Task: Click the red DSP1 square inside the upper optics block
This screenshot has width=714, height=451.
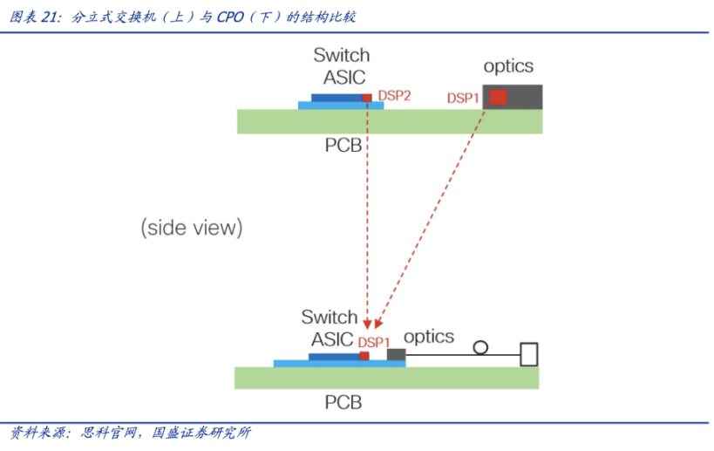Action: tap(498, 97)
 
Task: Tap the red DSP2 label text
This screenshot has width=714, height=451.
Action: tap(394, 96)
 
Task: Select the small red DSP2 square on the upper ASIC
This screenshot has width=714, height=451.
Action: tap(367, 98)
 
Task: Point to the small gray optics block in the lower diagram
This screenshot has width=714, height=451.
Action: tap(396, 355)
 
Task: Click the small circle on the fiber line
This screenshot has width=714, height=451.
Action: tap(480, 347)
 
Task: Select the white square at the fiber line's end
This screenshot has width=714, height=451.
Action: tap(529, 354)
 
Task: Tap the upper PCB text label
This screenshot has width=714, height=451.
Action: tap(343, 146)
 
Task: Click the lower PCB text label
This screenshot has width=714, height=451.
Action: tap(343, 402)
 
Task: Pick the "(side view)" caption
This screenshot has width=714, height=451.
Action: tap(192, 228)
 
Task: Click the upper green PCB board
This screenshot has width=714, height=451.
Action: tap(390, 121)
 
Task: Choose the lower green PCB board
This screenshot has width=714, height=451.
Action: tap(386, 378)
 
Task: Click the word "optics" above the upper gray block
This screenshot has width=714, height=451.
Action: tap(508, 66)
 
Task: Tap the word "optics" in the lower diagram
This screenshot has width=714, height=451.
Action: tap(429, 337)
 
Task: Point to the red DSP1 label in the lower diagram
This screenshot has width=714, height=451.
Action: tap(374, 342)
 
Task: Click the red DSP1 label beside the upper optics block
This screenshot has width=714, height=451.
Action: tap(463, 98)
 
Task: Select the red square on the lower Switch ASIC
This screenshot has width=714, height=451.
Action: tap(364, 356)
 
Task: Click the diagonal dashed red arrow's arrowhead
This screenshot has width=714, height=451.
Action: tap(378, 324)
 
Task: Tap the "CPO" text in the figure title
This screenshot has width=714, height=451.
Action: tap(230, 17)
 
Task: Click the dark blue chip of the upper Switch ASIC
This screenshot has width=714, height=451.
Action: tap(337, 98)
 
